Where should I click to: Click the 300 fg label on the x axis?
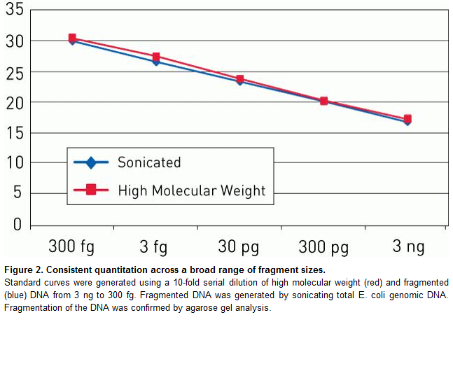click(x=71, y=246)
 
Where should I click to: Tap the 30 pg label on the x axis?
click(x=239, y=246)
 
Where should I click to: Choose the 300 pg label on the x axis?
click(x=323, y=246)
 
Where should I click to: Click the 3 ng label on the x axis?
click(x=407, y=246)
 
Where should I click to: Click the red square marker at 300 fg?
click(x=72, y=38)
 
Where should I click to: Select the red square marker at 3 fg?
click(x=156, y=57)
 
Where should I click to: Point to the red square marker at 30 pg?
click(x=240, y=79)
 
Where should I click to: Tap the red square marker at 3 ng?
click(x=407, y=119)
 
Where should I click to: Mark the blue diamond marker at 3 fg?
click(x=156, y=62)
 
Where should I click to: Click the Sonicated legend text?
click(x=149, y=162)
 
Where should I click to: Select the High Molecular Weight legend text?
click(x=191, y=190)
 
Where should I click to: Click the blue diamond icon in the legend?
click(x=90, y=162)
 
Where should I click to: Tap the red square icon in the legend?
click(x=90, y=190)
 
